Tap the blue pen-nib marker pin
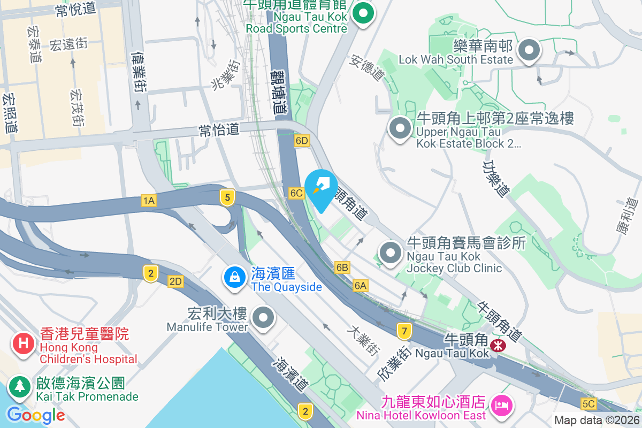pos(320,189)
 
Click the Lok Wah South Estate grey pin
pos(529,50)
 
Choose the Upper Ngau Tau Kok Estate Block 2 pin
pos(400,128)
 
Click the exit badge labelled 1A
pos(149,201)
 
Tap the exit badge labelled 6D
pos(302,141)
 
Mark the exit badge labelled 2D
pos(175,281)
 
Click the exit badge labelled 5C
pos(588,403)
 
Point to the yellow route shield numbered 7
pos(404,331)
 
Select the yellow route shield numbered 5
pos(227,197)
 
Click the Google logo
pos(36,415)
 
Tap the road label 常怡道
pos(219,129)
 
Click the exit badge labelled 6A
pos(361,286)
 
